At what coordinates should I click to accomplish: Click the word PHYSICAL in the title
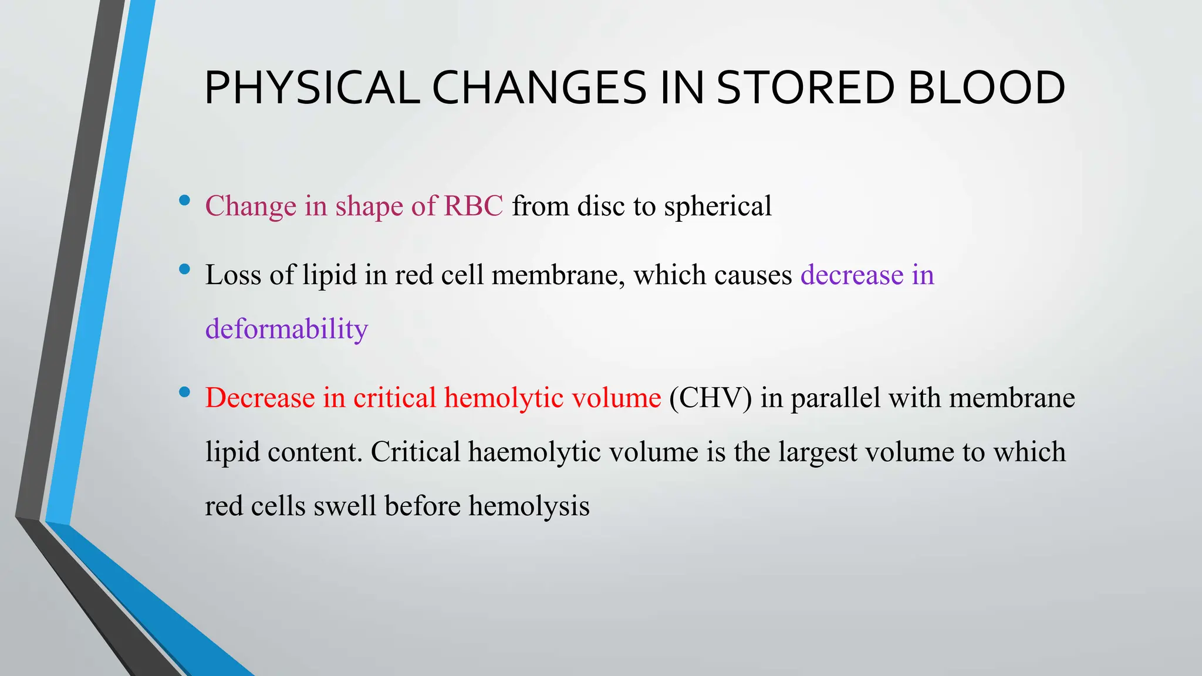coord(312,88)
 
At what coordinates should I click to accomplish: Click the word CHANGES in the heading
coord(539,88)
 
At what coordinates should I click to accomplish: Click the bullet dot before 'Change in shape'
coord(184,200)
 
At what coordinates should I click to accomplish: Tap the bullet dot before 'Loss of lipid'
coord(184,269)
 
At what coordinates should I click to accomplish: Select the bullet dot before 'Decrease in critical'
coord(184,392)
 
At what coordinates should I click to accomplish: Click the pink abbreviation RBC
coord(473,206)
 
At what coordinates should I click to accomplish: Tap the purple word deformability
coord(286,329)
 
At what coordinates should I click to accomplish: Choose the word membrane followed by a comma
coord(558,275)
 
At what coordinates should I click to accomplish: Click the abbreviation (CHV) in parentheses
coord(710,398)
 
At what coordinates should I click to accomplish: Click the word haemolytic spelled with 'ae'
coord(534,452)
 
